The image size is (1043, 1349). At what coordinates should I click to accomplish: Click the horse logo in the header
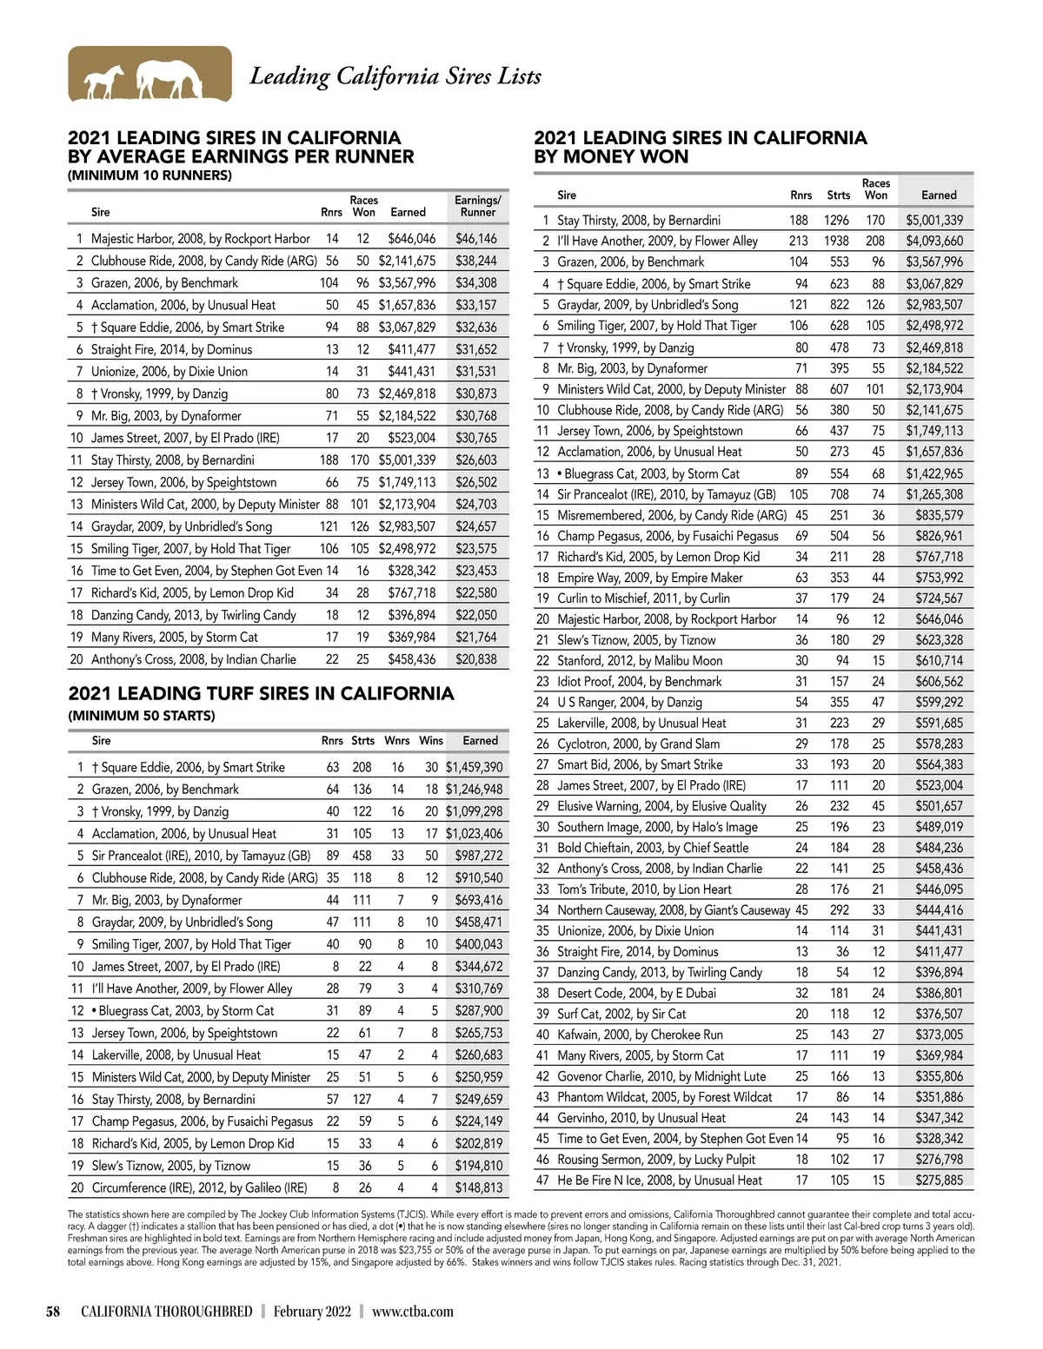coord(149,75)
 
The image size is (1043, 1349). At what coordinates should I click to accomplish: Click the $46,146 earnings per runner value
coord(476,238)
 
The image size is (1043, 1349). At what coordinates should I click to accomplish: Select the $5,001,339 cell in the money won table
coord(934,221)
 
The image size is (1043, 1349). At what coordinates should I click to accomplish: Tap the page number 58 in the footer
coord(53,1311)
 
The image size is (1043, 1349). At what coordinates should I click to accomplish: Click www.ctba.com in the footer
coord(412,1311)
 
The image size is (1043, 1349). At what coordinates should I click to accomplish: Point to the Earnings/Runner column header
coord(477,206)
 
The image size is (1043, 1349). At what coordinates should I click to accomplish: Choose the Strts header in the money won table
coord(838,195)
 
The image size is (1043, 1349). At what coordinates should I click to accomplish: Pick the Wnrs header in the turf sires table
coord(396,741)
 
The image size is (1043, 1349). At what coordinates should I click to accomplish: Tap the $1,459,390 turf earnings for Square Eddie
coord(474,767)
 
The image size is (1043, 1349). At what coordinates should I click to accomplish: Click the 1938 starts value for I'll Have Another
coord(836,241)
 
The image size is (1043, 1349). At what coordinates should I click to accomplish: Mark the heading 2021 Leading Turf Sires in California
coord(261,693)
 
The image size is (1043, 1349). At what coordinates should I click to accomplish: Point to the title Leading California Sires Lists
coord(395,76)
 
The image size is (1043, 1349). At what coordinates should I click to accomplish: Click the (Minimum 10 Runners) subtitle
coord(149,175)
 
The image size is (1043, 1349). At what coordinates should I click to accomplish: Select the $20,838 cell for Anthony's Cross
coord(476,659)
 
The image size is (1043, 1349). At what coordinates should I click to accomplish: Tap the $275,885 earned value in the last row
coord(939,1180)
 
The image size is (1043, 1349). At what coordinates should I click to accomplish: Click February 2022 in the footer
coord(312,1311)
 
